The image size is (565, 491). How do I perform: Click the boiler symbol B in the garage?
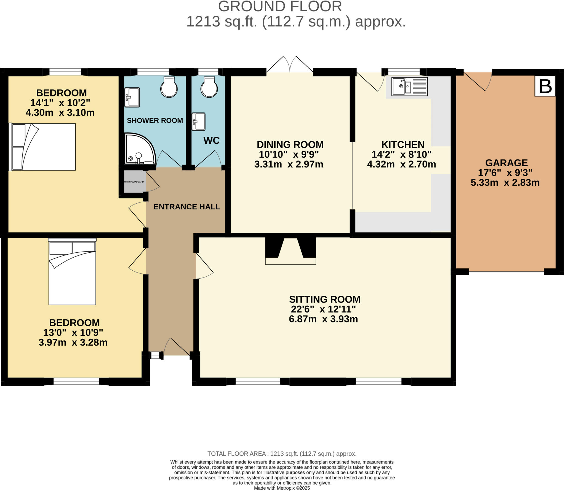tap(545, 86)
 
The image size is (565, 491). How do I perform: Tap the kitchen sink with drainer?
tap(410, 87)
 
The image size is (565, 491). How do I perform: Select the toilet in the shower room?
tap(169, 87)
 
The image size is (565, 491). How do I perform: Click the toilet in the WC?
tap(209, 87)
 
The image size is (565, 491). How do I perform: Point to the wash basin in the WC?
tap(199, 121)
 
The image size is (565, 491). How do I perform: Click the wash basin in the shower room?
tap(132, 97)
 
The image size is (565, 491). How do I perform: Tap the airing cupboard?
tap(134, 182)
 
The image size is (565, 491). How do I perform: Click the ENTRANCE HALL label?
tap(186, 207)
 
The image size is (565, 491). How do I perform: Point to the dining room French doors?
tap(290, 65)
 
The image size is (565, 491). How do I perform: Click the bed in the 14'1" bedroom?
tap(43, 147)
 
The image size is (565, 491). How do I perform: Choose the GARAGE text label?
tap(506, 163)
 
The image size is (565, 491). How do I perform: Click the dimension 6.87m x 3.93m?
tap(323, 319)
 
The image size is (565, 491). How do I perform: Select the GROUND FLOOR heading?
tap(280, 7)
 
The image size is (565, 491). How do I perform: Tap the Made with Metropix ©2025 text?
tap(282, 488)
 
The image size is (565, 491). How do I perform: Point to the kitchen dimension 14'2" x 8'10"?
tap(401, 154)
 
